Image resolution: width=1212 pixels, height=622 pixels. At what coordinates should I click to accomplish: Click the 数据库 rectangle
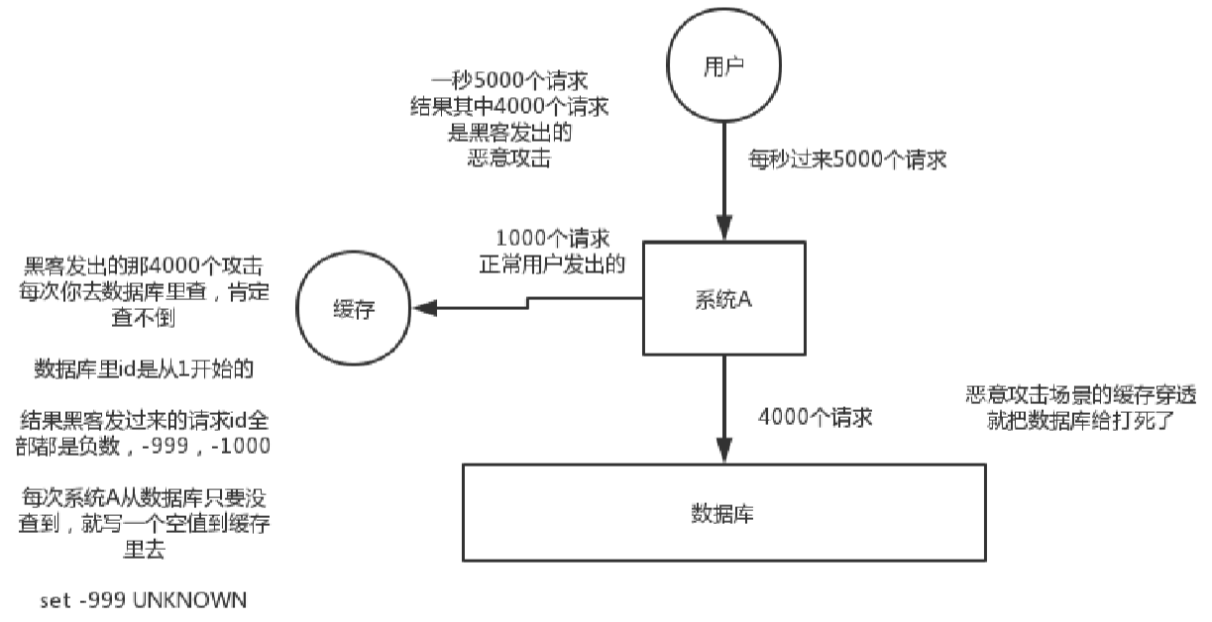coord(724,512)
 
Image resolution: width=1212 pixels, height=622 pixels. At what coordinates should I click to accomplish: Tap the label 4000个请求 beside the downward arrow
coord(815,416)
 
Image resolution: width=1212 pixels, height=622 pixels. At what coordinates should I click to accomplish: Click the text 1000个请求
coord(552,240)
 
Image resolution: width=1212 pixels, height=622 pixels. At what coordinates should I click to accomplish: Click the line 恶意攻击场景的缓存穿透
coord(1080,393)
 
